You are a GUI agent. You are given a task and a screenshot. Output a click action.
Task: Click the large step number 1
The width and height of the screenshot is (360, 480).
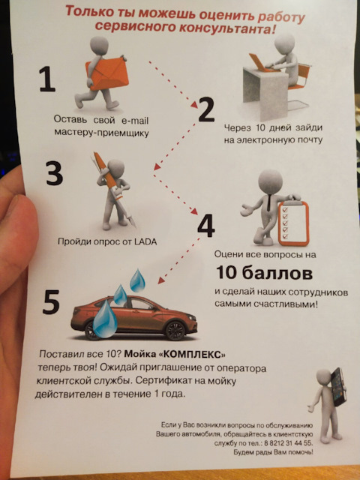[x=47, y=79]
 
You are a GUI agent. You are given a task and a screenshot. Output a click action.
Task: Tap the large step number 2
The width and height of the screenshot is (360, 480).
[x=206, y=109]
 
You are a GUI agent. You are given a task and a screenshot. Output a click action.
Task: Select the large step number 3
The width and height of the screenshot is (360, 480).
[x=55, y=173]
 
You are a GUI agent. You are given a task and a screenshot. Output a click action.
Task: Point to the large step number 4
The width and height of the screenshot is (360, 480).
[x=206, y=226]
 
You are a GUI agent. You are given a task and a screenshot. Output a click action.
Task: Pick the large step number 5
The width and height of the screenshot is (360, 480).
[x=51, y=302]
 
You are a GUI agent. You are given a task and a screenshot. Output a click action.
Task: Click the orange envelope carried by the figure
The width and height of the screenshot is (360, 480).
[x=107, y=73]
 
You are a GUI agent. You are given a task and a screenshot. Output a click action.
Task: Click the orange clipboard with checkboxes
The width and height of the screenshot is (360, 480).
[x=293, y=223]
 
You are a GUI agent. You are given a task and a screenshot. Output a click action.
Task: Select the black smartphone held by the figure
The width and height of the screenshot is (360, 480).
[x=338, y=387]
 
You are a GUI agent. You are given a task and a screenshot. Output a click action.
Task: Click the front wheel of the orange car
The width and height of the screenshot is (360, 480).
[x=175, y=331]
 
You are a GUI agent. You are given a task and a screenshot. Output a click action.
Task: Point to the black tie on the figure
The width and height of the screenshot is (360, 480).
[x=268, y=202]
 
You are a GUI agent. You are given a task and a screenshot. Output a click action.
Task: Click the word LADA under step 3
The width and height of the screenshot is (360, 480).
[x=145, y=241]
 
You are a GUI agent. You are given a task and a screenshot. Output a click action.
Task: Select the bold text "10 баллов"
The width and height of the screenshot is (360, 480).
[x=264, y=273]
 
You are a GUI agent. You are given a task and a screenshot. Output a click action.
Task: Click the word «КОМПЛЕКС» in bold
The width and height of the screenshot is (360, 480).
[x=193, y=355]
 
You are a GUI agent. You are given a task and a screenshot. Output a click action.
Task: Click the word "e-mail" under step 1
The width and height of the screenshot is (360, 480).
[x=135, y=120]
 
